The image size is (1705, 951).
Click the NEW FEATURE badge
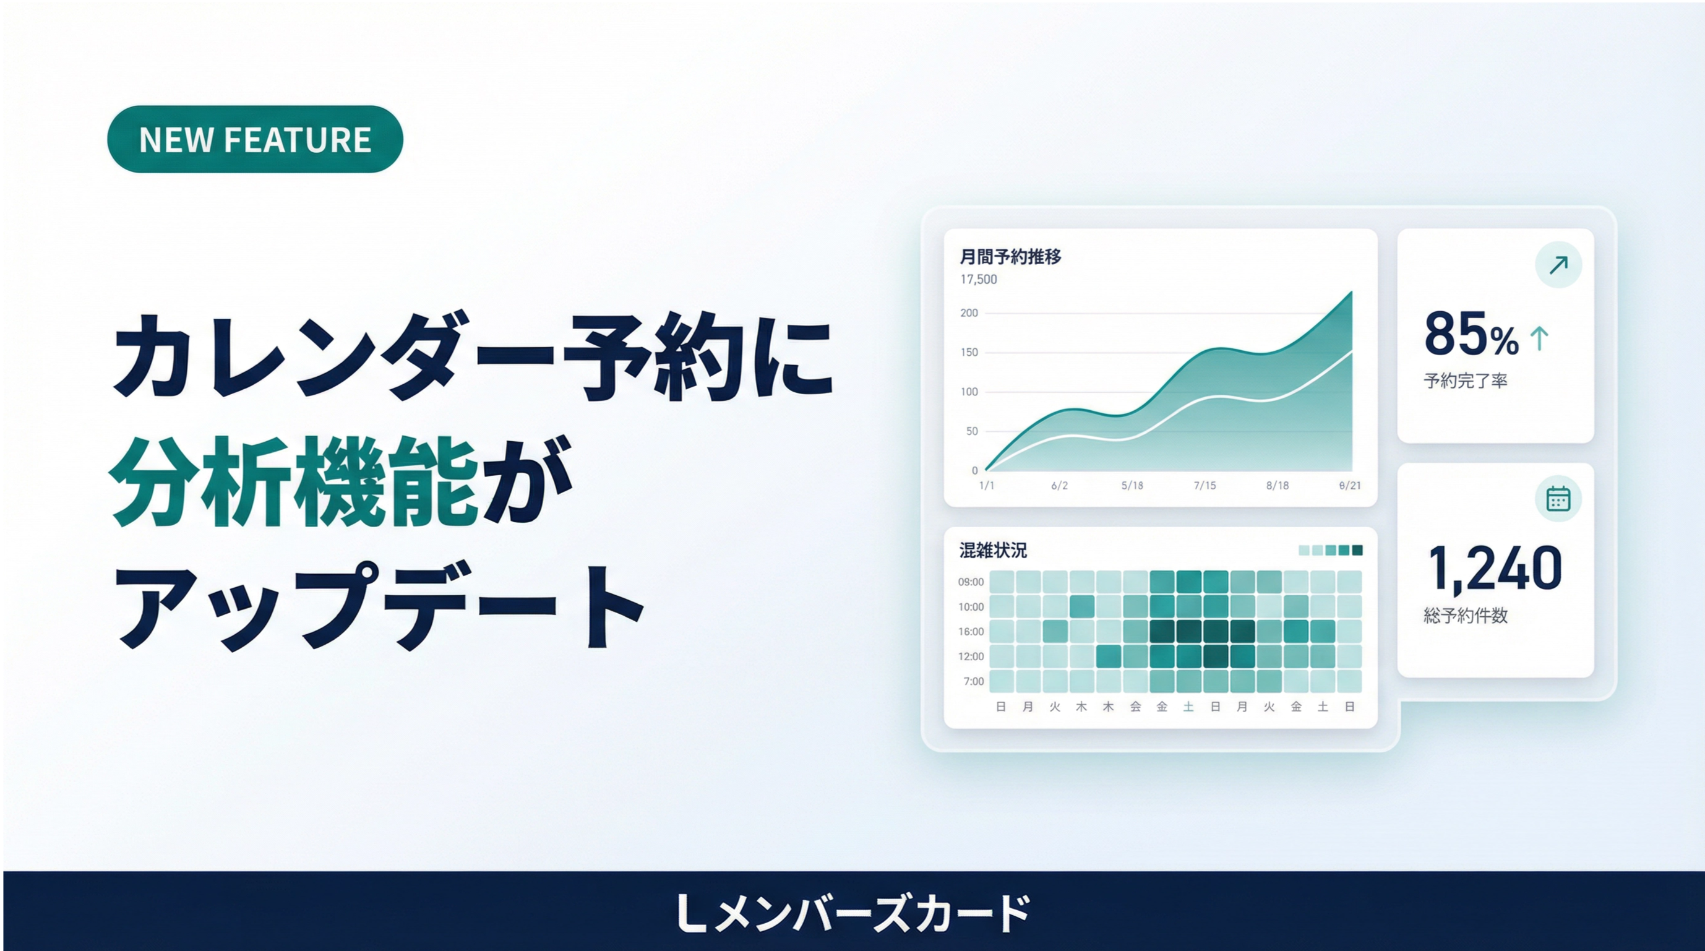pos(255,139)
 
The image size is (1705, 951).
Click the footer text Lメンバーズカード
pos(852,913)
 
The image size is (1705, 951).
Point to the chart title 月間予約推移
pos(1010,257)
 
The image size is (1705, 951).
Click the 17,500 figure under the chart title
pos(978,279)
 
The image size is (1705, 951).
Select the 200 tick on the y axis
pos(969,313)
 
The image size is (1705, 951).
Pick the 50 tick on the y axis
pos(972,431)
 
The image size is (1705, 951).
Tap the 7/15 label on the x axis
pos(1205,486)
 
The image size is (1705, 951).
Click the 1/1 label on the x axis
pos(986,486)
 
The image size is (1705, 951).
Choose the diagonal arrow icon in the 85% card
pos(1558,265)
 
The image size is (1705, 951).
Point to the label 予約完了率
pos(1466,381)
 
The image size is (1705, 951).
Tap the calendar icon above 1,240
pos(1558,498)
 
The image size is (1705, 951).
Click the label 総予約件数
pos(1466,616)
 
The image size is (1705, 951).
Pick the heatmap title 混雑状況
pos(993,550)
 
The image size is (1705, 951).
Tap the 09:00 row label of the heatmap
pos(971,582)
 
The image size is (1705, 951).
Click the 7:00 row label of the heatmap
pos(974,682)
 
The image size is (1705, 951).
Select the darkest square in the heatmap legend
pos(1357,550)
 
